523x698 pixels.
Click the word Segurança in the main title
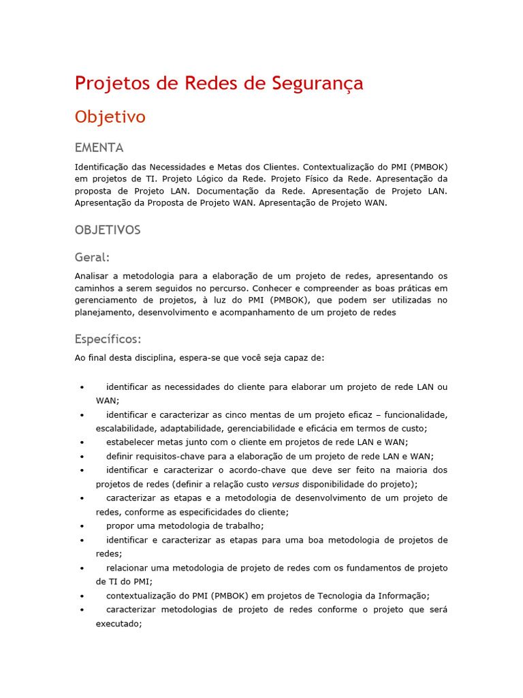[317, 83]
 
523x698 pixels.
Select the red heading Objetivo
[110, 117]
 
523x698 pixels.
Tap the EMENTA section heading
[99, 148]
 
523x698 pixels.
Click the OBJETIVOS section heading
[108, 230]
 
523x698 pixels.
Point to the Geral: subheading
[92, 257]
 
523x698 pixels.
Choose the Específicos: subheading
[108, 339]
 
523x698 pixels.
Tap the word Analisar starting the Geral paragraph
[92, 276]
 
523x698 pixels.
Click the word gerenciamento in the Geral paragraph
[106, 301]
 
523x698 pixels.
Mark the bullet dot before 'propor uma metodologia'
[82, 527]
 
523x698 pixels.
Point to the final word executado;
[118, 622]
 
